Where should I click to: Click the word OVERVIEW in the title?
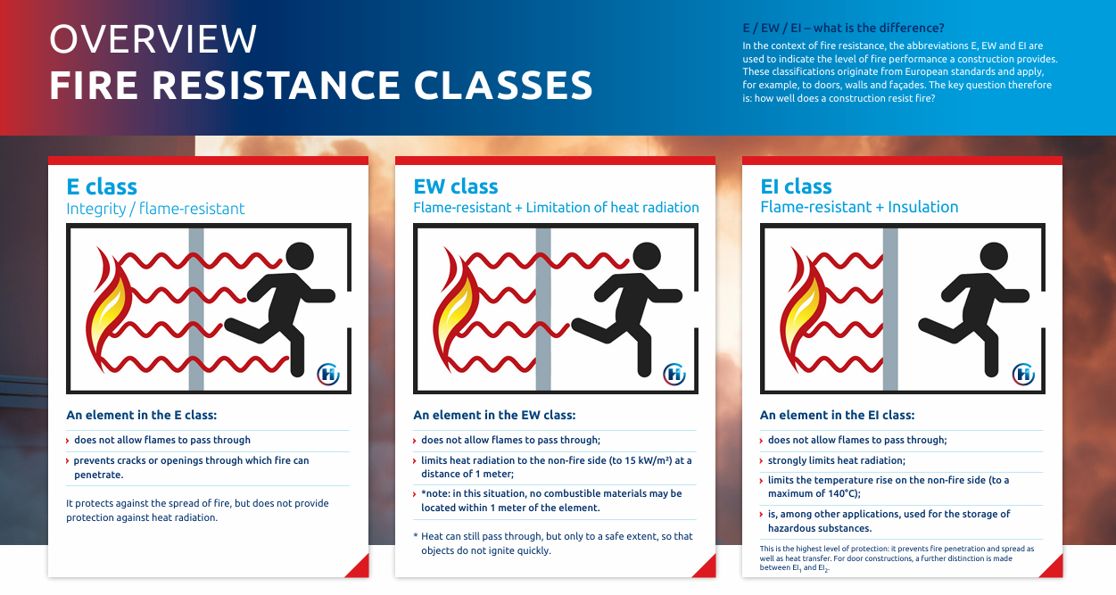pos(153,39)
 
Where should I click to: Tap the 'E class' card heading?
pos(102,186)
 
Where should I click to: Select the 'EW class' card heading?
pos(455,186)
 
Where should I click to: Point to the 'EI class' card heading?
pos(796,186)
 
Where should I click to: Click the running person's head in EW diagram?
pos(647,256)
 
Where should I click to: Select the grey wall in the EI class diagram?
pos(890,309)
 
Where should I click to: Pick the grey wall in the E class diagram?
pos(196,309)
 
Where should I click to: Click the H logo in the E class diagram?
pos(328,375)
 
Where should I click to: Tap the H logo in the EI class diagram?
pos(1023,375)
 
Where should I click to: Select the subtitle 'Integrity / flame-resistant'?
pos(155,209)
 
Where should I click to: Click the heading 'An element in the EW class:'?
pos(494,415)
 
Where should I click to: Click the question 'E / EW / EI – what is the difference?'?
pos(844,28)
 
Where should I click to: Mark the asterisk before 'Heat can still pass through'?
pos(416,536)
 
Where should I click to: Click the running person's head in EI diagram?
pos(994,256)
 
